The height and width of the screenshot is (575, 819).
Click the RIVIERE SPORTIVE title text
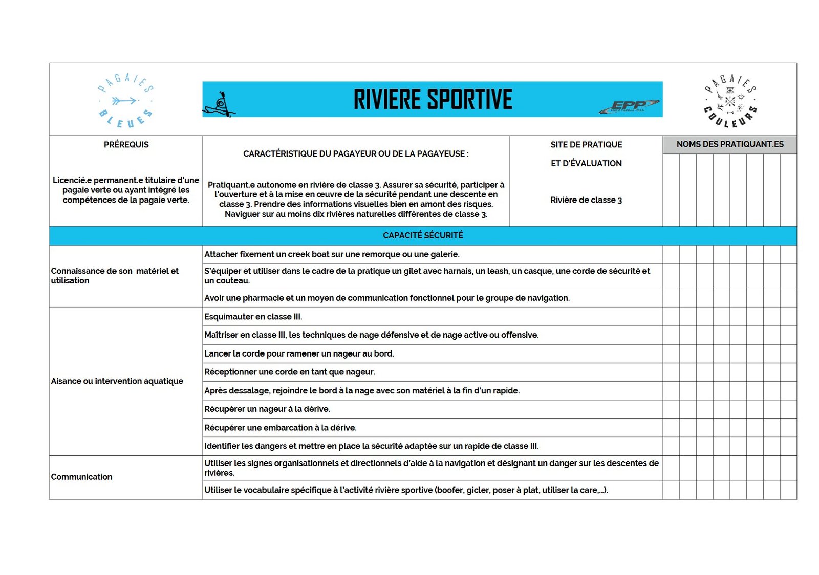(433, 99)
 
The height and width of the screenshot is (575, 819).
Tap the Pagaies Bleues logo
(125, 101)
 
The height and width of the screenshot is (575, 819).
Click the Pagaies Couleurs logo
(730, 101)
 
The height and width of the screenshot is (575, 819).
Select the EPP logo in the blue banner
(629, 106)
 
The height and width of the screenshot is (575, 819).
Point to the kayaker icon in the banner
(219, 105)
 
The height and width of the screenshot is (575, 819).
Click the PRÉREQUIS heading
(126, 145)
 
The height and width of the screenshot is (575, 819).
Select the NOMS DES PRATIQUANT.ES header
(729, 144)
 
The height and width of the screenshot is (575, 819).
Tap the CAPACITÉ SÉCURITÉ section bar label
(423, 235)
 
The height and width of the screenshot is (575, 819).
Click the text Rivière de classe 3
(586, 200)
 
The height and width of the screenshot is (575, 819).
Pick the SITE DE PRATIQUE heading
(586, 145)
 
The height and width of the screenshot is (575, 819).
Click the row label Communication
(81, 477)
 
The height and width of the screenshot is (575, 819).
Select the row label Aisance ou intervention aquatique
(117, 381)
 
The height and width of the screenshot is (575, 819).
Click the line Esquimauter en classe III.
(253, 317)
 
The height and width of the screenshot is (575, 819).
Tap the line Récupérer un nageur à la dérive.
(267, 409)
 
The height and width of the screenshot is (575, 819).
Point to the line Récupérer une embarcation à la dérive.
(281, 428)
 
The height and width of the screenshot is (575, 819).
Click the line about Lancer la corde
(299, 353)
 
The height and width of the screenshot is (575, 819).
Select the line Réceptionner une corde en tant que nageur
(290, 372)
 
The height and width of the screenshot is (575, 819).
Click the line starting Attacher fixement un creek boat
(332, 254)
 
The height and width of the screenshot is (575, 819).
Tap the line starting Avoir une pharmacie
(387, 298)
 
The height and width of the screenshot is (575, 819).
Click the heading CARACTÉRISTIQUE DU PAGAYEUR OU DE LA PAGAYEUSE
(356, 153)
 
